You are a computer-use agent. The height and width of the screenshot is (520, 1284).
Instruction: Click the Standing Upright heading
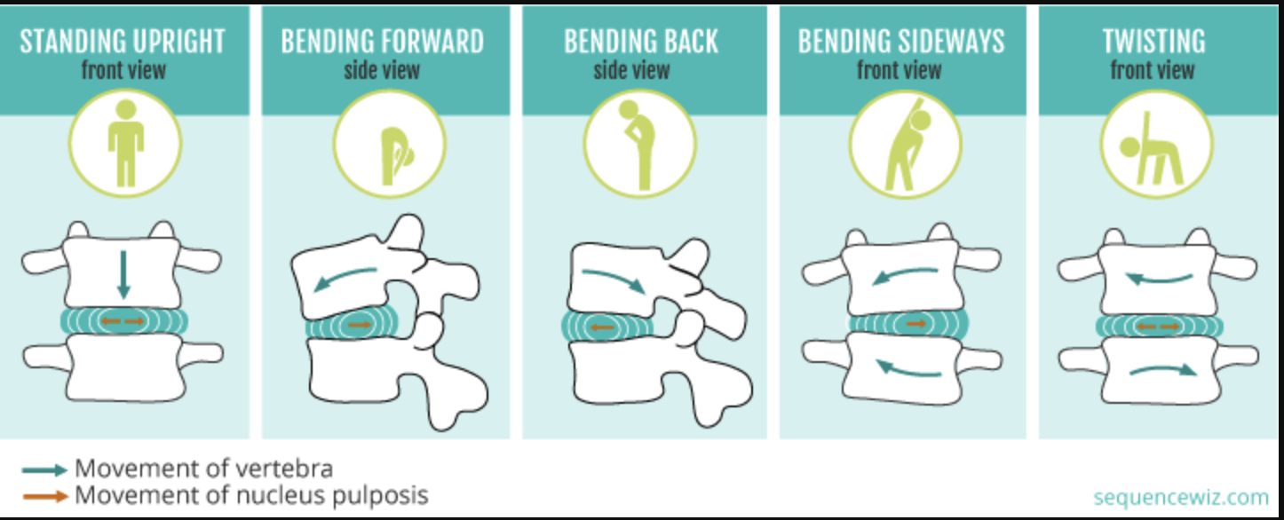click(123, 42)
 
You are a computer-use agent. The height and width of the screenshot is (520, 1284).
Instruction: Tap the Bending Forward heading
click(383, 42)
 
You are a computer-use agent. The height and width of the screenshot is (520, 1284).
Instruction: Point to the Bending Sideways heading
click(900, 42)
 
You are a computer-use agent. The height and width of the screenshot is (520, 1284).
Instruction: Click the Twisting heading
click(1153, 42)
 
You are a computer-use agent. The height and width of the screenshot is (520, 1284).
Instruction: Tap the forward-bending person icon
click(389, 147)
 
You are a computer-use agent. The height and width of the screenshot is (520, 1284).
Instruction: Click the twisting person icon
click(1153, 147)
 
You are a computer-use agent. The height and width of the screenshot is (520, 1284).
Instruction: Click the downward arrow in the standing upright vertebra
click(123, 274)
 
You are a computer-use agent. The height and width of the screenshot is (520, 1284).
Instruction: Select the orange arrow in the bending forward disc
click(359, 326)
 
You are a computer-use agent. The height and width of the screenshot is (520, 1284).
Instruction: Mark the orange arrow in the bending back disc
click(603, 327)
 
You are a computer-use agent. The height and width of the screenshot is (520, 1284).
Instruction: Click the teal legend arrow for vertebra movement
click(47, 469)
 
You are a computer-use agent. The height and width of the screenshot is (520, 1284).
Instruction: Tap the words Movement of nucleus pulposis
click(251, 495)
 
